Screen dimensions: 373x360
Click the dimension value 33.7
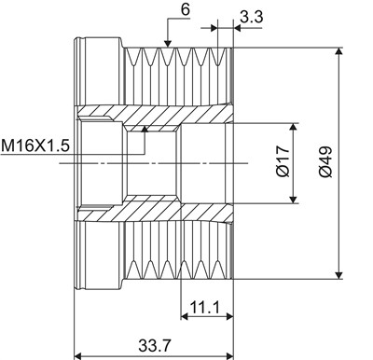[x=154, y=345]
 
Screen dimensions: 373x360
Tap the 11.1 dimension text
[x=204, y=307]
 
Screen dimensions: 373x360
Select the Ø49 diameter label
[x=325, y=161]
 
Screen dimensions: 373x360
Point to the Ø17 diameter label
[x=283, y=161]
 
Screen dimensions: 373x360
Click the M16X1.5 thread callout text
[x=35, y=145]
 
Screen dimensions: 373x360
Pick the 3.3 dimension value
[x=252, y=17]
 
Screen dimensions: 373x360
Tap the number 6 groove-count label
[x=185, y=9]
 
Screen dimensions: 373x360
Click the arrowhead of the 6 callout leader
[x=168, y=44]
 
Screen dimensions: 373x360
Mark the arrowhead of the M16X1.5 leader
[x=145, y=129]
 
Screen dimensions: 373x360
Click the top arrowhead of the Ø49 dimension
[x=338, y=51]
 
